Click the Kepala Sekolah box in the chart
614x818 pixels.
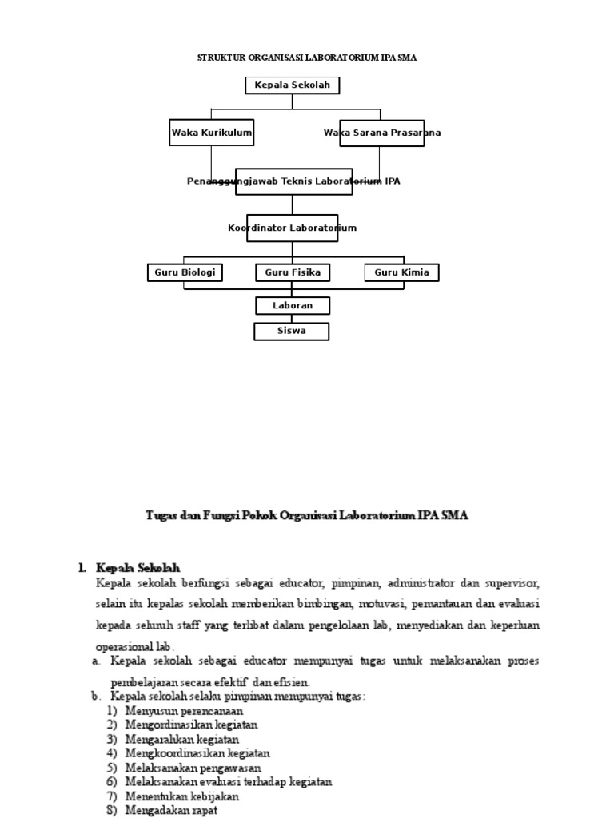click(x=292, y=85)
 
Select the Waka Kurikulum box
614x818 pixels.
click(x=212, y=133)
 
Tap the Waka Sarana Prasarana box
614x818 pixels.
click(x=381, y=133)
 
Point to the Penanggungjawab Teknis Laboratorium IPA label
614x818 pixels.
click(x=293, y=181)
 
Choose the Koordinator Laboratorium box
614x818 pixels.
click(x=292, y=228)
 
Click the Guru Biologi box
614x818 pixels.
click(x=185, y=272)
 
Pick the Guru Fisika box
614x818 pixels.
click(x=292, y=272)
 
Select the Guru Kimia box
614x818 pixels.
click(x=401, y=272)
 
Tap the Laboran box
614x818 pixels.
click(x=292, y=305)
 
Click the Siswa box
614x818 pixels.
click(x=291, y=331)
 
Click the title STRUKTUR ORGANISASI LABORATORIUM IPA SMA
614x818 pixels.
click(x=307, y=58)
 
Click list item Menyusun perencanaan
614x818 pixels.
click(x=184, y=710)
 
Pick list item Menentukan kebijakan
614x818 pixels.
click(x=181, y=796)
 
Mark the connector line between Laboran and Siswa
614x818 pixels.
click(x=292, y=318)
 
